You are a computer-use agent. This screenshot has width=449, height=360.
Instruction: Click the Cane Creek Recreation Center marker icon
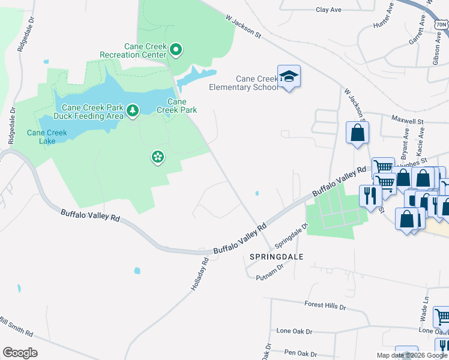click(x=176, y=49)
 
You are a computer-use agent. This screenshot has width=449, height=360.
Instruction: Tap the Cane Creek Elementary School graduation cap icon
click(x=289, y=76)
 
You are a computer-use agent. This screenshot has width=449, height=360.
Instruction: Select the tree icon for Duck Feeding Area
click(x=133, y=110)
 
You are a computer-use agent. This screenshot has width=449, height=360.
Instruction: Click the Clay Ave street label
click(x=328, y=10)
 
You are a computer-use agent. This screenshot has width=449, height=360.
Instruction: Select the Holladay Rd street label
click(x=200, y=275)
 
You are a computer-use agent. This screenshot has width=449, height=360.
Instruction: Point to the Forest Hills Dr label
click(x=326, y=307)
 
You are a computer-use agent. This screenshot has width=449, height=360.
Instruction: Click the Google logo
click(x=20, y=353)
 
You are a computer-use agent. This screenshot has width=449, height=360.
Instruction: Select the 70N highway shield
click(x=442, y=25)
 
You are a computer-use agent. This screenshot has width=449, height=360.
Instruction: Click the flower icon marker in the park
click(x=157, y=157)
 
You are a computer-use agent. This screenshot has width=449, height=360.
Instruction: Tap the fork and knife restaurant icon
click(x=369, y=194)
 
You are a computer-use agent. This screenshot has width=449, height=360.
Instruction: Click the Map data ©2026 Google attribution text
click(x=411, y=355)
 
